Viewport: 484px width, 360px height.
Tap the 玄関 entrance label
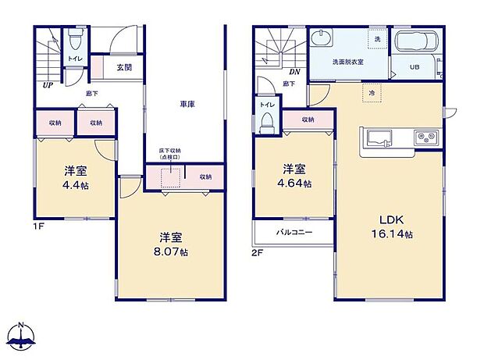click(124, 68)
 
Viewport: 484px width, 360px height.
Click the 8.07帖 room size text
click(172, 252)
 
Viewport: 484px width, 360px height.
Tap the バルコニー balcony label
click(294, 233)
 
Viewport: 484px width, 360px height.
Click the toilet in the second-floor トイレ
click(266, 121)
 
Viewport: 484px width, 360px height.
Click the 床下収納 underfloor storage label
click(170, 155)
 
